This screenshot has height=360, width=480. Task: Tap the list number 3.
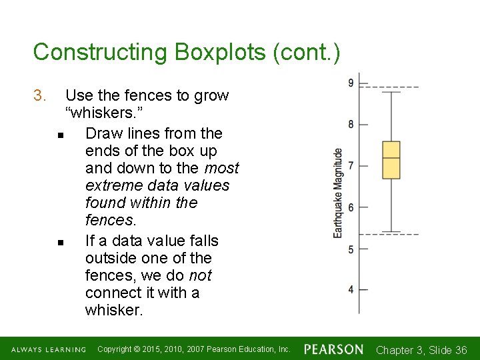[x=39, y=96]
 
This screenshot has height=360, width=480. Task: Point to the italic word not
[x=201, y=275]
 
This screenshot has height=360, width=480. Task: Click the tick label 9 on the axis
[x=351, y=83]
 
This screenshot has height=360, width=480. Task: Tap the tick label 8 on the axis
[x=351, y=124]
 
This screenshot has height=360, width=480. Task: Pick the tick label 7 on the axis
[x=351, y=165]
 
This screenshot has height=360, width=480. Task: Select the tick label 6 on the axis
[x=351, y=207]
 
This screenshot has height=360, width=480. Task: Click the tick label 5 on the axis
[x=351, y=249]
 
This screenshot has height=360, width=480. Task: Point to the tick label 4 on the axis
[x=351, y=290]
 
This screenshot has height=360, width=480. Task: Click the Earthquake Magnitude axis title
[x=338, y=193]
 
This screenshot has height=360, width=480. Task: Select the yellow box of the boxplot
[x=391, y=160]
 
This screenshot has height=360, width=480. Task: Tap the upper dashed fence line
[x=390, y=87]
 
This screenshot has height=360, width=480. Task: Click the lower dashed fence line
[x=390, y=235]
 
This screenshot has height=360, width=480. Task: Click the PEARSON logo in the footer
[x=334, y=349]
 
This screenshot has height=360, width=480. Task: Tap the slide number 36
[x=460, y=350]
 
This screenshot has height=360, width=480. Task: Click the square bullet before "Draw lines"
[x=61, y=135]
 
